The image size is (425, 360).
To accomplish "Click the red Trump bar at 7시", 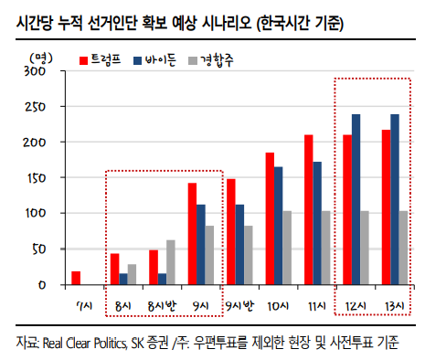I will pos(76,278).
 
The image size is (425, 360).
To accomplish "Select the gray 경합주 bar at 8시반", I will pos(170,262).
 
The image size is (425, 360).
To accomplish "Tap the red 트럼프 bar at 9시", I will pos(192,234).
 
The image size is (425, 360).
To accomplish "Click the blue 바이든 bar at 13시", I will pos(396,199).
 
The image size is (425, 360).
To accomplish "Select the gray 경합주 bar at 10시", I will pos(288,248).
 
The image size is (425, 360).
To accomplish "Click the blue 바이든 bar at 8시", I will pos(123,279).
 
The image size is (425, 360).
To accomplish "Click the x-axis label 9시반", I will pos(239,305).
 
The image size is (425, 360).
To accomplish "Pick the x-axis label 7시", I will pos(84,305).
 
